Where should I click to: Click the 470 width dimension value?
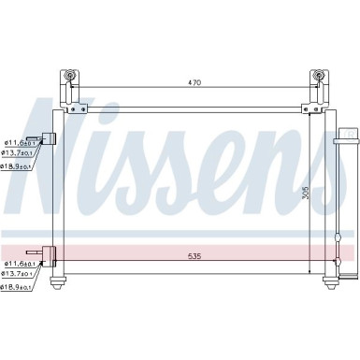coord(194,83)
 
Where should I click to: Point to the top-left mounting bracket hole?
coord(67,76)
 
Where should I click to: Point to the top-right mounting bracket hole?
coord(319,76)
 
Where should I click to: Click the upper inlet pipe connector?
coord(50,138)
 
